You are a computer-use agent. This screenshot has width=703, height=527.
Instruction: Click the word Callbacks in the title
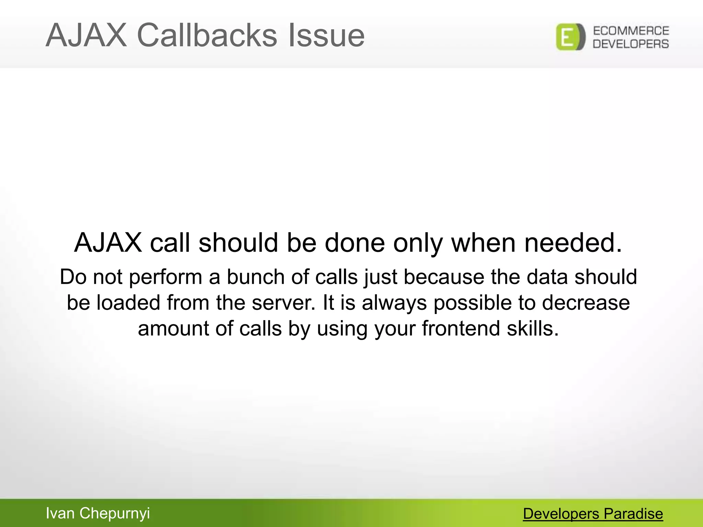207,35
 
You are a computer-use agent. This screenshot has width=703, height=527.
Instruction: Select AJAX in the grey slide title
86,35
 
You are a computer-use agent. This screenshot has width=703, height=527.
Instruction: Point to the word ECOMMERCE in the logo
631,31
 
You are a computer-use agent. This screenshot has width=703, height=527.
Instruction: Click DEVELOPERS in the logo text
631,44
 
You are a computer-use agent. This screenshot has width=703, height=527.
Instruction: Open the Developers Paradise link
593,514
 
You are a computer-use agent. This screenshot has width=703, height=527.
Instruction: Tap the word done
355,243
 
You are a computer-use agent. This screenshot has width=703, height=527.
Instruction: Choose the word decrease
586,303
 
